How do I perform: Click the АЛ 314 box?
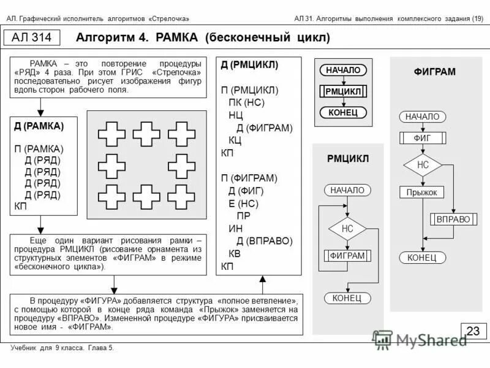(36, 37)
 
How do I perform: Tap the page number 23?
(473, 331)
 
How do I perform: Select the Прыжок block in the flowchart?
(423, 192)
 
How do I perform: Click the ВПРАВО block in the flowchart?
(454, 219)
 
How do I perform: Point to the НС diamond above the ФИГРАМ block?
(347, 229)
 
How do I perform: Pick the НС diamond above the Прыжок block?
(423, 165)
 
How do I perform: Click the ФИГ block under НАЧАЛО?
(423, 138)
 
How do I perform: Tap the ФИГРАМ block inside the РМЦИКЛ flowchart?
(347, 255)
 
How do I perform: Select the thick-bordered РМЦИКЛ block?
(343, 91)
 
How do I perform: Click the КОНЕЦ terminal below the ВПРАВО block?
(423, 258)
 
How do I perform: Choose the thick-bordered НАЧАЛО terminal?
(343, 71)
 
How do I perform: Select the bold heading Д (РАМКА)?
(39, 126)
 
